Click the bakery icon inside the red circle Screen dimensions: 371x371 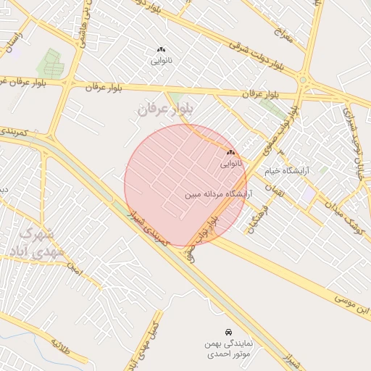pos(231,153)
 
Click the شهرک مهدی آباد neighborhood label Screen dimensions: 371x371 pos(27,243)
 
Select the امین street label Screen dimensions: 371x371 pos(72,270)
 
